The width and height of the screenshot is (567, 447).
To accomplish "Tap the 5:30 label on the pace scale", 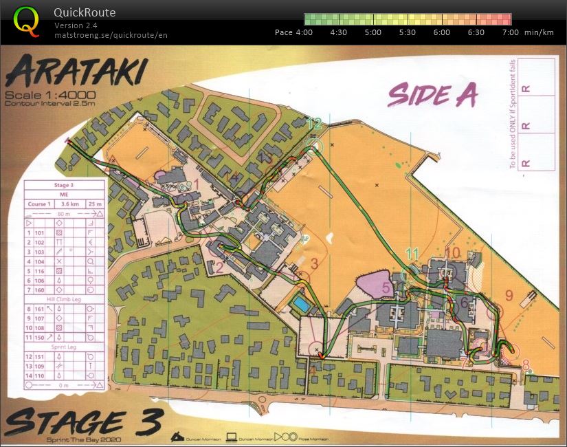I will [407, 32].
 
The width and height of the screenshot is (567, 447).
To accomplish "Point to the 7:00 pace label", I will [510, 32].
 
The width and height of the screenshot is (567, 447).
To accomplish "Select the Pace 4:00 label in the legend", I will [293, 32].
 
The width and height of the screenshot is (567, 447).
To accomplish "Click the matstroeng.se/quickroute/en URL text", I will [111, 34].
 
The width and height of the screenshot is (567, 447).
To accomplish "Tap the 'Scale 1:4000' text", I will [51, 95].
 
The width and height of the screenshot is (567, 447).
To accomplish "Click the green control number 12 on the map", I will [314, 124].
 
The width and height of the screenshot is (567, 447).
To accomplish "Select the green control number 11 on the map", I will [412, 254].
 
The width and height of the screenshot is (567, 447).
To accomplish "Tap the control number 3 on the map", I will [314, 263].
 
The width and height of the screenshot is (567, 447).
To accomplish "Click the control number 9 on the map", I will [509, 296].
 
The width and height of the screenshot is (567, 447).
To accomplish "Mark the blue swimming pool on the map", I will [300, 304].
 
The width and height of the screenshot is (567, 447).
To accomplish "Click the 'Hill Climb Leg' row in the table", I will [64, 300].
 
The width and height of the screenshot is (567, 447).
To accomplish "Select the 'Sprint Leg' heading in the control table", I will [64, 347].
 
